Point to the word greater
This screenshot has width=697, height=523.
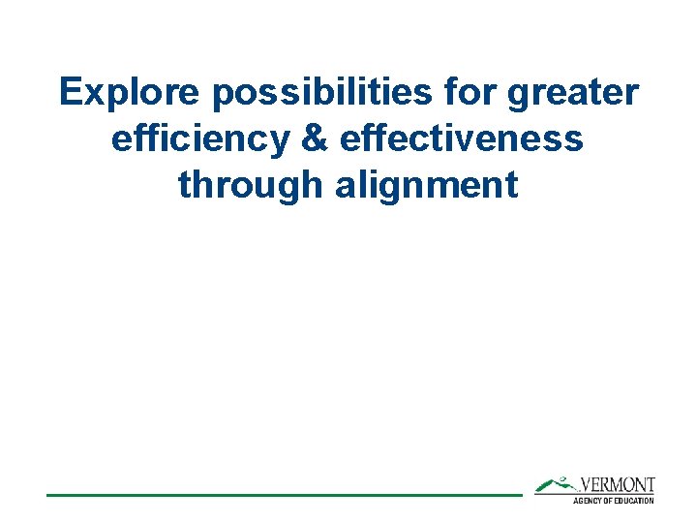581,94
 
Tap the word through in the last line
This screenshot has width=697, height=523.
252,184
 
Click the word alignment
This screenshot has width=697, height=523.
427,184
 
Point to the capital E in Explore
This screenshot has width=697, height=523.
70,93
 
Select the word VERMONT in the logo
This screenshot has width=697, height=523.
617,485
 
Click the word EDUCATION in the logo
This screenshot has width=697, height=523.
635,500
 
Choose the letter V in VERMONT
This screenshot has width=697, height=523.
586,485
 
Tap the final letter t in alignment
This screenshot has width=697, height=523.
511,184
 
